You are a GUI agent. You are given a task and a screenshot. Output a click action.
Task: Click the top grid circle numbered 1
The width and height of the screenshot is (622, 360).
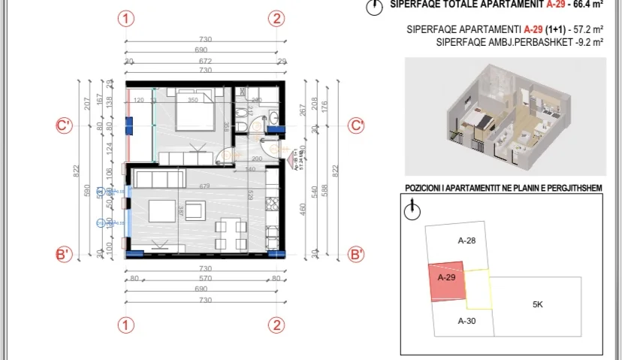[x=127, y=19]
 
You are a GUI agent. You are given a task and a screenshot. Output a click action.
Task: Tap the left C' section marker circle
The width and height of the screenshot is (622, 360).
[x=64, y=126]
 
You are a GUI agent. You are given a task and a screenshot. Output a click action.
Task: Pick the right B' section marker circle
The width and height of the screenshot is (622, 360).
[x=358, y=255]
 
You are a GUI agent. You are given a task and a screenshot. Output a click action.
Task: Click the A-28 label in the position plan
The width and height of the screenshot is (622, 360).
[x=467, y=241]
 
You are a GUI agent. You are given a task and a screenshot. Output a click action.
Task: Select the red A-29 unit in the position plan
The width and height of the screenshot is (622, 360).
[x=447, y=282]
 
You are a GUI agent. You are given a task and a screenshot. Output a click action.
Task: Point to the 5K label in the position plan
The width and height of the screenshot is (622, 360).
[x=537, y=305]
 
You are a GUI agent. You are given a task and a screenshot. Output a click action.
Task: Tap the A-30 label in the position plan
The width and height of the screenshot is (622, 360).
[x=467, y=320]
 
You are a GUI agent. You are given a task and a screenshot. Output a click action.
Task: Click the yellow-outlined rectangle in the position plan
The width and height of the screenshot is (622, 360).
[x=479, y=290]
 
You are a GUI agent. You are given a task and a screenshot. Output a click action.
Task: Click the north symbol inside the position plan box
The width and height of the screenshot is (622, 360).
[x=411, y=211]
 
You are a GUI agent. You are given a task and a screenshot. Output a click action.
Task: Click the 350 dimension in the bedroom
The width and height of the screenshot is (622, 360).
[x=192, y=100]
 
